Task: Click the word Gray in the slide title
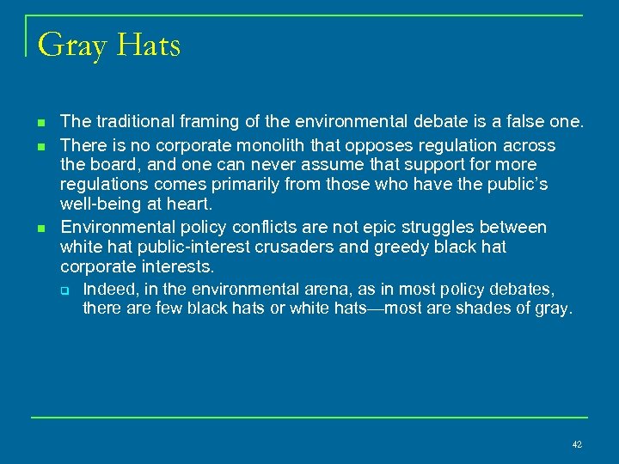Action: (71, 45)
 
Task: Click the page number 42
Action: (576, 444)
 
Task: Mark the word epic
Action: (392, 228)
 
